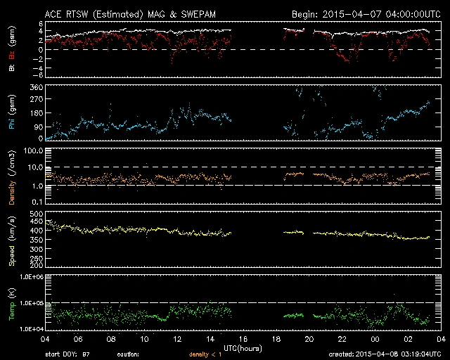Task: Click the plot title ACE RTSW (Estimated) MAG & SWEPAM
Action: [132, 13]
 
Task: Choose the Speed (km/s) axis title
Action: [11, 241]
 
